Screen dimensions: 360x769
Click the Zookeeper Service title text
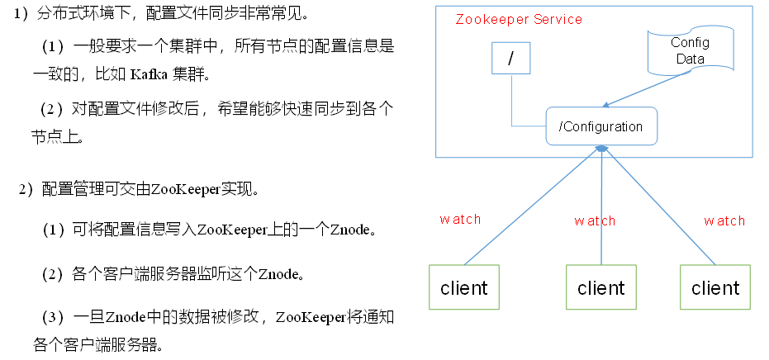tap(519, 19)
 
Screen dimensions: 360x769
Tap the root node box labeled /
tap(511, 59)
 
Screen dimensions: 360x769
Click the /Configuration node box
tap(600, 126)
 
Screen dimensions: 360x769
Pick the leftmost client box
tap(463, 287)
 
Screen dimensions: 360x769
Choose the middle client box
tap(600, 287)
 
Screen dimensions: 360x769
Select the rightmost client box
tap(715, 287)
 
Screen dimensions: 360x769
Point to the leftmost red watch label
tap(460, 220)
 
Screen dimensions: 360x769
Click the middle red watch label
tap(596, 220)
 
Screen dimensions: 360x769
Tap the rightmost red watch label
tap(724, 220)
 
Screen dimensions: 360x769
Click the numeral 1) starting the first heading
tap(26, 16)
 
